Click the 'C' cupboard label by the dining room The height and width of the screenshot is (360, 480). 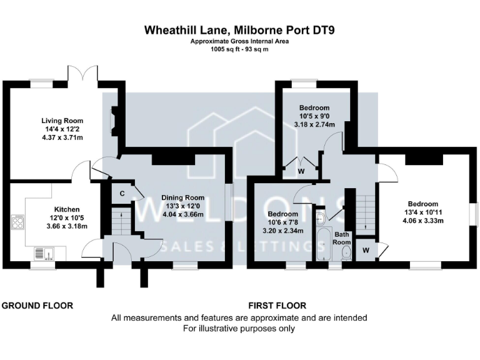[x=122, y=193]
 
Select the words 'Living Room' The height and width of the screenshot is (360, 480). [x=62, y=121]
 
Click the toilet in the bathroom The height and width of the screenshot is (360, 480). [x=347, y=252]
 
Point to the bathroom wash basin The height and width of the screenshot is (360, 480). [x=320, y=218]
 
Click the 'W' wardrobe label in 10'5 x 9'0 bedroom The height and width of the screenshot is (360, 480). [x=301, y=171]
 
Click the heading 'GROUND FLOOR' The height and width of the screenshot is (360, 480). [x=37, y=306]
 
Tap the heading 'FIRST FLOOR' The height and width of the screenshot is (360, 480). [x=277, y=306]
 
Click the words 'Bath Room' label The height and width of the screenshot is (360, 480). [x=342, y=238]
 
